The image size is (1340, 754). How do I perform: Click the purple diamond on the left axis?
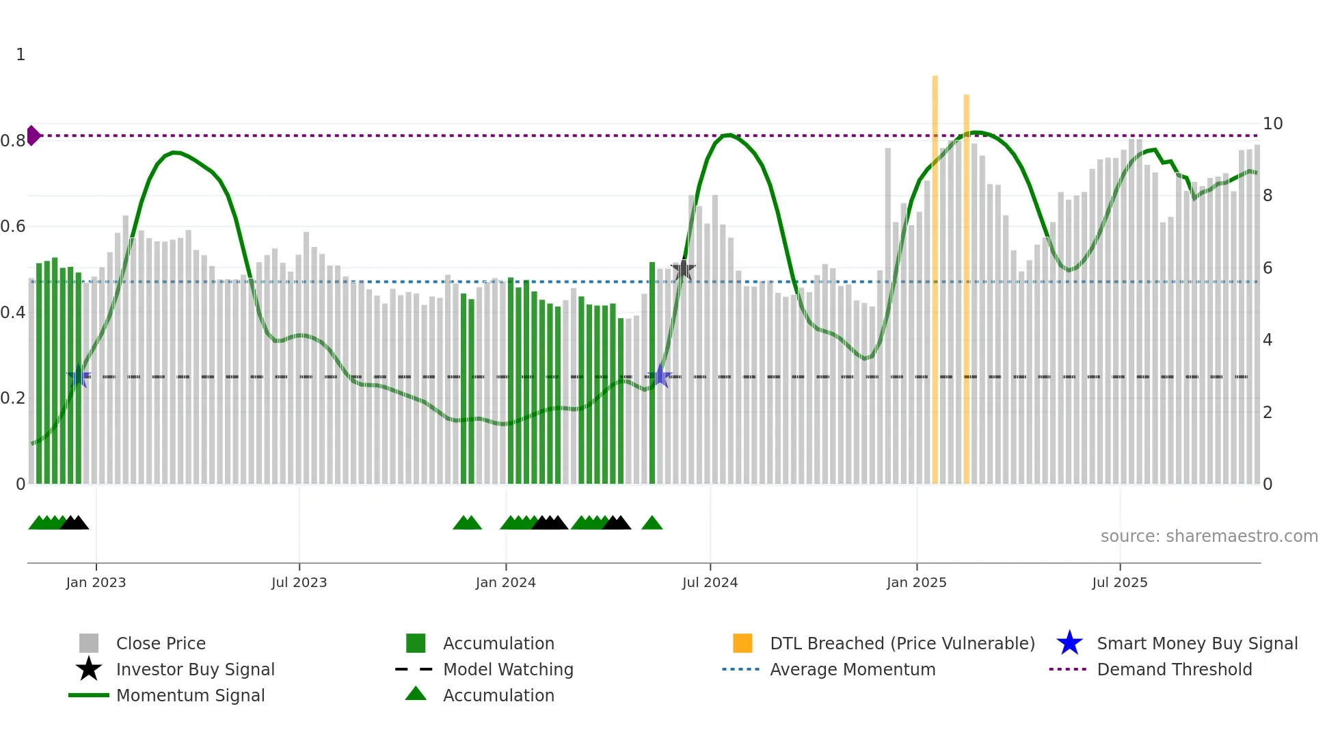33,135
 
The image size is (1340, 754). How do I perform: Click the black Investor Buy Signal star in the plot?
683,270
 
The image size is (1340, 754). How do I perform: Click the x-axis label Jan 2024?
505,582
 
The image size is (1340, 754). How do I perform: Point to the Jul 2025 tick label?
1119,582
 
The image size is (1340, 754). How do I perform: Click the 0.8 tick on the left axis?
13,141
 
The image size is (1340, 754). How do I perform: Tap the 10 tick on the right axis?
1272,124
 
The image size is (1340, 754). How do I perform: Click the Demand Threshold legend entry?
1174,669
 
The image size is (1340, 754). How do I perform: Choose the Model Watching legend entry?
507,669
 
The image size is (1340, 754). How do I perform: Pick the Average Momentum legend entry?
852,669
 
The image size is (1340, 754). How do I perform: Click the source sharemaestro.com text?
1209,536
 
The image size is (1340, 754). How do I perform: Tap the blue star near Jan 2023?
79,376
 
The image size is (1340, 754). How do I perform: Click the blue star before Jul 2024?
660,376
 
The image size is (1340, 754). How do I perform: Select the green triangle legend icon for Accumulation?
416,694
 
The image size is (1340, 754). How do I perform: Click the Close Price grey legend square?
89,643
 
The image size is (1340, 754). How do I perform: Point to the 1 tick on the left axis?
21,55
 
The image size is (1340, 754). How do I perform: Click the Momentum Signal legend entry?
190,695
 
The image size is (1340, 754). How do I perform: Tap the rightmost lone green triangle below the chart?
652,523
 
